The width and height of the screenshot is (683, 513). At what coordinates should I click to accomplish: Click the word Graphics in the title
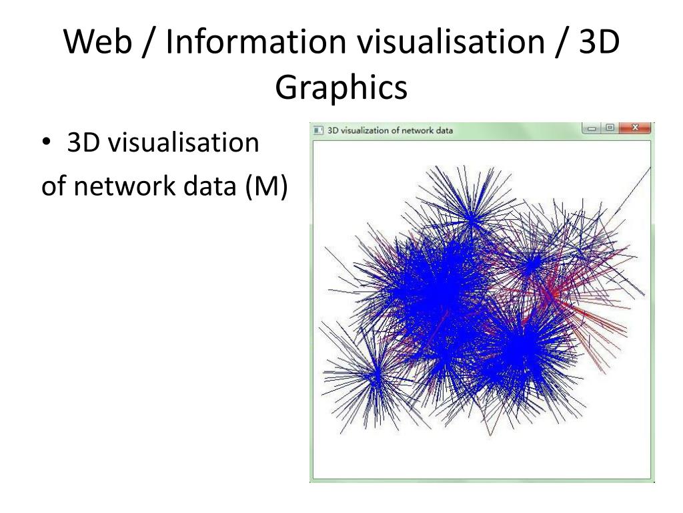click(341, 87)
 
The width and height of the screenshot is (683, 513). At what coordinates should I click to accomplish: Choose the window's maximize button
click(610, 128)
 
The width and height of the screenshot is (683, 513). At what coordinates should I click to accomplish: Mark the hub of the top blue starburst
click(471, 218)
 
